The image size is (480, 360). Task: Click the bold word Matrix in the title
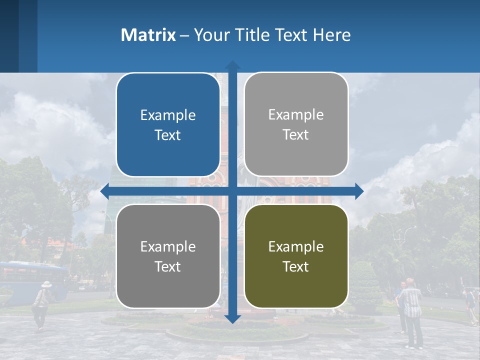[x=148, y=35]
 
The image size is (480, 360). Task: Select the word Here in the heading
[x=331, y=35]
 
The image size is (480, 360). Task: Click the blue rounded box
[x=168, y=125]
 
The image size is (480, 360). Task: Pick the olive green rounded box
[x=296, y=256]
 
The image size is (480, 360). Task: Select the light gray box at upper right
[x=296, y=124]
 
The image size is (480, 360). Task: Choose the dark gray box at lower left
[x=168, y=256]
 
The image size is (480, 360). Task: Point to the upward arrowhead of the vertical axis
[x=232, y=65]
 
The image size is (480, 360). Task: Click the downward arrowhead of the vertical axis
[x=232, y=318]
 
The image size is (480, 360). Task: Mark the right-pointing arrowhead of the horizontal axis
[x=359, y=191]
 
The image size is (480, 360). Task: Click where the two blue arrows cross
[x=232, y=191]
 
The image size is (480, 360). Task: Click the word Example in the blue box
[x=168, y=115]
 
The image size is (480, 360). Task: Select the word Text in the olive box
[x=296, y=266]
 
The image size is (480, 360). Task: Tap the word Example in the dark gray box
[x=168, y=246]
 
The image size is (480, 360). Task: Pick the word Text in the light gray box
[x=296, y=135]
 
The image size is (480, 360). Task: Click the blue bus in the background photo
[x=33, y=280]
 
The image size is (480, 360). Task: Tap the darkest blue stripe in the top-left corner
[x=9, y=36]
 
